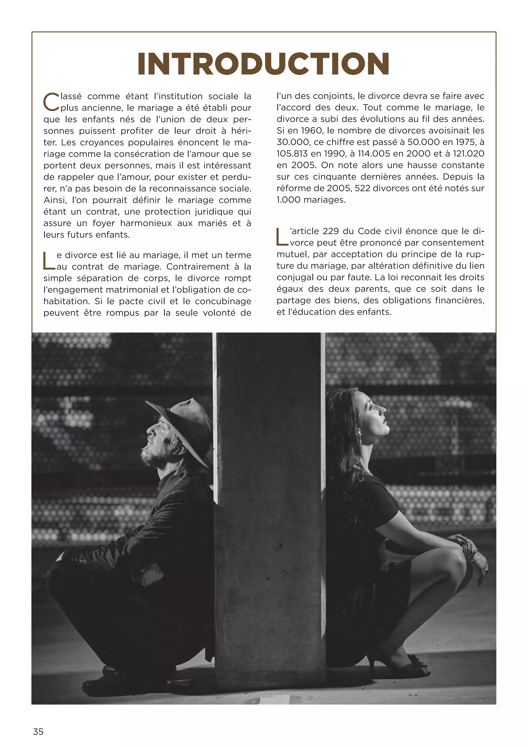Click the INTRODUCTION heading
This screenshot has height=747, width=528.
click(263, 64)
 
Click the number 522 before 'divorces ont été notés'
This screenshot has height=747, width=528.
click(362, 188)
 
